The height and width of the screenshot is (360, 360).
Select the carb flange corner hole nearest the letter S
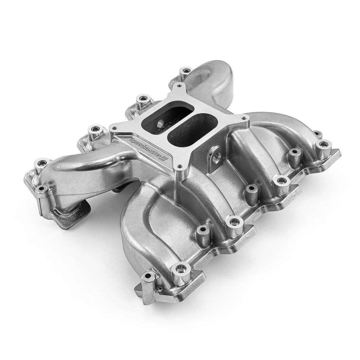pyautogui.click(x=114, y=128)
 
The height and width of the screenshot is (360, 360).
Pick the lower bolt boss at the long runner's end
pyautogui.click(x=42, y=188)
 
